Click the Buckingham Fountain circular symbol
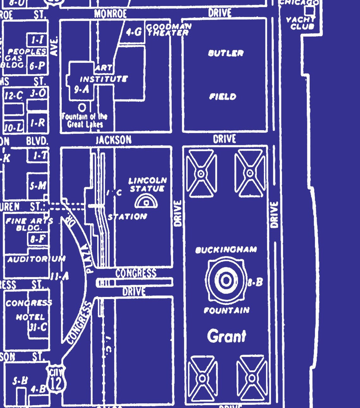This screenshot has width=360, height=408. pyautogui.click(x=226, y=280)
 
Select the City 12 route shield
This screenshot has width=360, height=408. pyautogui.click(x=56, y=381)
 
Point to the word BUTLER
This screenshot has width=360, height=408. pyautogui.click(x=226, y=53)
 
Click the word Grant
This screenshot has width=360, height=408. pyautogui.click(x=226, y=336)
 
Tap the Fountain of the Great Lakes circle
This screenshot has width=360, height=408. pyautogui.click(x=82, y=108)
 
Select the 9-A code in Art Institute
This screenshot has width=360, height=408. pyautogui.click(x=81, y=90)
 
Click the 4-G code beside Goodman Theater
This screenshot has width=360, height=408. pyautogui.click(x=134, y=32)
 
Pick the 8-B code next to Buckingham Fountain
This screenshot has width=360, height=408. pyautogui.click(x=255, y=282)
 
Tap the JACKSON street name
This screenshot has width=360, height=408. pyautogui.click(x=114, y=140)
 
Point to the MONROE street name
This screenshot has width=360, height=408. pyautogui.click(x=111, y=14)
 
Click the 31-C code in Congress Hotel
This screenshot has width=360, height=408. pyautogui.click(x=38, y=327)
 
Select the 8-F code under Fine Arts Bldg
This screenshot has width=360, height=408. pyautogui.click(x=38, y=239)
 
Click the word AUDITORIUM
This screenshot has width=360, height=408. pyautogui.click(x=36, y=259)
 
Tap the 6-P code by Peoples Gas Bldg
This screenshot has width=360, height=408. pyautogui.click(x=37, y=66)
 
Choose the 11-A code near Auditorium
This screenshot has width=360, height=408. pyautogui.click(x=59, y=277)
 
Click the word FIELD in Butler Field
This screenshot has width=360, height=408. pyautogui.click(x=223, y=96)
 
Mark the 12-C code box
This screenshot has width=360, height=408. pyautogui.click(x=14, y=95)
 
